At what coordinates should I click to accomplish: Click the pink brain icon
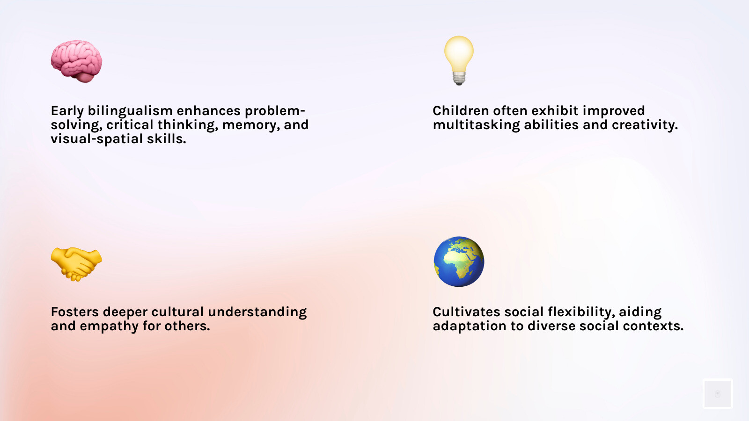[x=76, y=61]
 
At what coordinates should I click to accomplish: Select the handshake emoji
[x=76, y=264]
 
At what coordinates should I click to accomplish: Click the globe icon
[x=459, y=261]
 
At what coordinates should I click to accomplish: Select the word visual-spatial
[x=96, y=139]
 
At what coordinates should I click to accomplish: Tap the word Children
[x=461, y=111]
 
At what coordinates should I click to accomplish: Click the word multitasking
[x=476, y=125]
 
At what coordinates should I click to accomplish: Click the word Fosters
[x=75, y=312]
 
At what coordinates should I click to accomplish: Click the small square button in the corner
[x=717, y=394]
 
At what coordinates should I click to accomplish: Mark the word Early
[x=67, y=111]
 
